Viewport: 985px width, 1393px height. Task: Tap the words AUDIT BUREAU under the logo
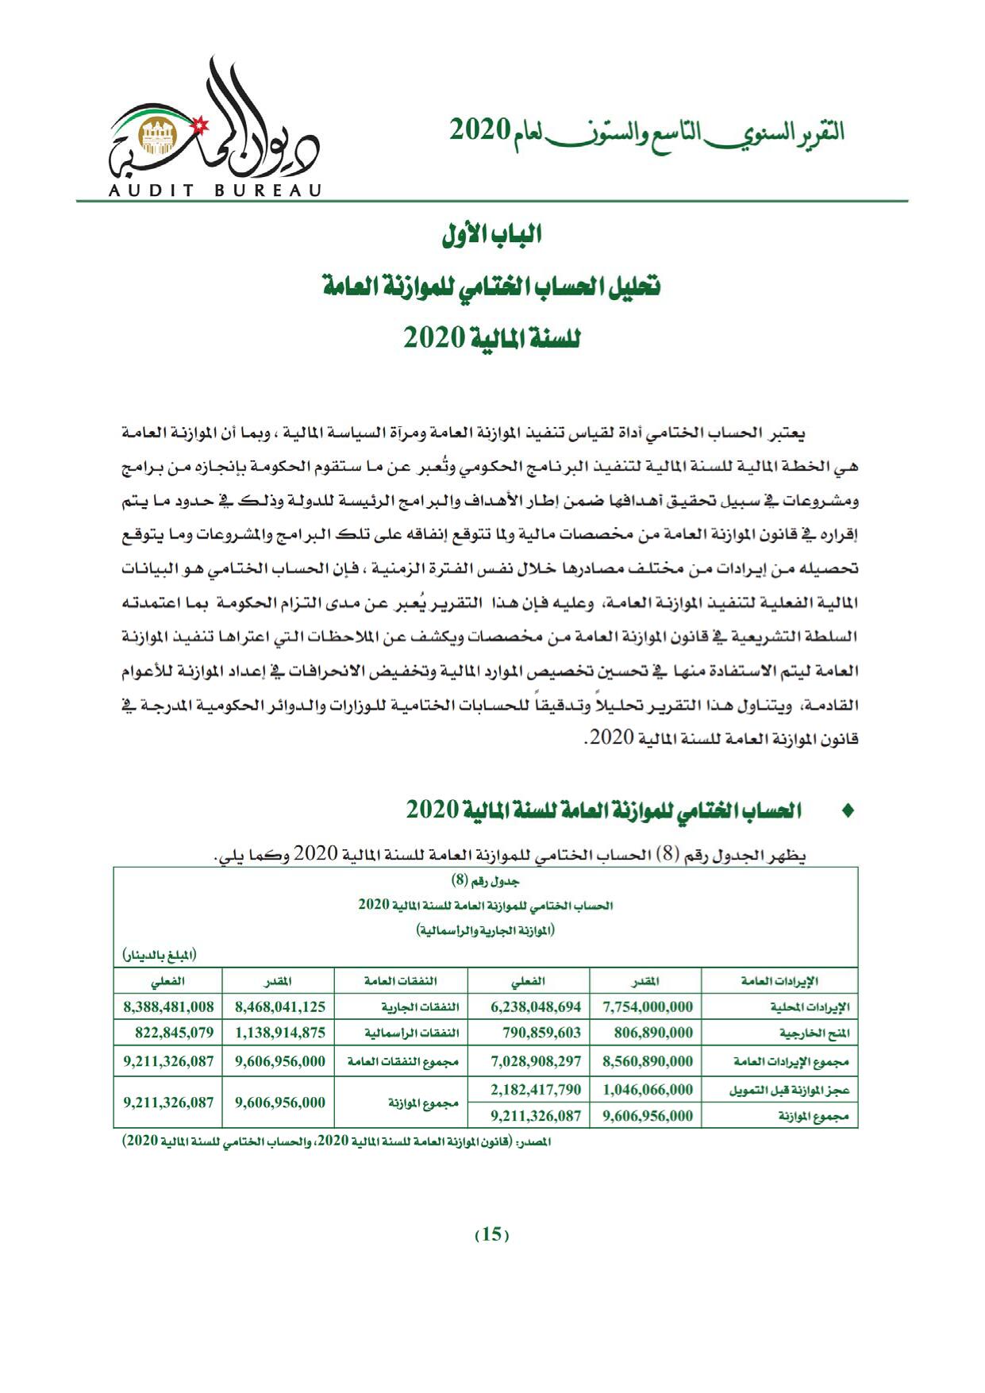[x=212, y=190]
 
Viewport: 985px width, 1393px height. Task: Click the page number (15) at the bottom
[x=491, y=1234]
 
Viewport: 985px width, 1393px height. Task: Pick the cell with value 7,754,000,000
[x=648, y=1006]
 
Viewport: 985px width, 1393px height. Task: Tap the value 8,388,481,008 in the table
[x=168, y=1006]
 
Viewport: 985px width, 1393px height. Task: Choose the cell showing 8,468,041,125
[x=280, y=1006]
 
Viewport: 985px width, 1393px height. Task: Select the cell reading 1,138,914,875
[x=280, y=1033]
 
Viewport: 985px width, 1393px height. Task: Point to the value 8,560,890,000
[x=648, y=1061]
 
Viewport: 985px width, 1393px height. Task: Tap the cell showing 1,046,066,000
[x=648, y=1089]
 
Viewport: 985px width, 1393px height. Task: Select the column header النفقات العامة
[x=401, y=981]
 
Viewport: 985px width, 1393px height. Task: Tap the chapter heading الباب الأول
[x=491, y=236]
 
